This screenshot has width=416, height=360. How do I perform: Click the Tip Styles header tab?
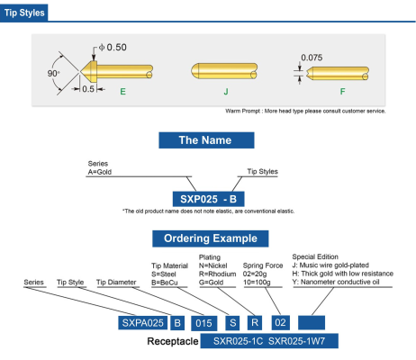coord(24,13)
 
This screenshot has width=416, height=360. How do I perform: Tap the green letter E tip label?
coord(122,92)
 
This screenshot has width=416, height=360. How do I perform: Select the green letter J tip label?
coord(226,92)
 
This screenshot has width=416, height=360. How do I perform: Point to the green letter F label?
coord(342,92)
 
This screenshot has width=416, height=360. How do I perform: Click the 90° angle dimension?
coord(53,73)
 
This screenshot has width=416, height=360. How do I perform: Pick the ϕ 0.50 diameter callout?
coord(113,48)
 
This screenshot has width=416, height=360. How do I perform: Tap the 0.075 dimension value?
coord(312,58)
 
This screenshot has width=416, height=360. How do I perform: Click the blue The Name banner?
coord(206,140)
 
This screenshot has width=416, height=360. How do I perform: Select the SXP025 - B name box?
coord(208,199)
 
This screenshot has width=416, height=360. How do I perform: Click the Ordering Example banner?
coord(211,238)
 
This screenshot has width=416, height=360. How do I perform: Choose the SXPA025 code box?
coord(143,323)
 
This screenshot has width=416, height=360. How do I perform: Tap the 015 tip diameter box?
coord(204,323)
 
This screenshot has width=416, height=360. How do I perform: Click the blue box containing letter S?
coord(233,323)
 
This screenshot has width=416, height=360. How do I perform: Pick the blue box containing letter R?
coord(255,323)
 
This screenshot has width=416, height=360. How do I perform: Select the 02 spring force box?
coord(281,323)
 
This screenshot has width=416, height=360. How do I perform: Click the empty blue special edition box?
coord(312,322)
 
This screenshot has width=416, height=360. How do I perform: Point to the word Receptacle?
coord(173,341)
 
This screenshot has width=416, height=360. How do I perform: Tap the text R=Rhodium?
coord(217,274)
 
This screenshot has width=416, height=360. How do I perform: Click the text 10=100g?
coord(257,283)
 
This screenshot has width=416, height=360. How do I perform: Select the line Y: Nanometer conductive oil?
coord(336,282)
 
